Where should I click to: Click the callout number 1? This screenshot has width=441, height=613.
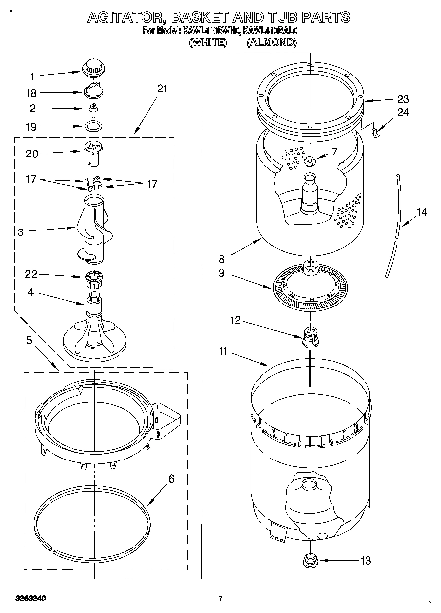[32, 77]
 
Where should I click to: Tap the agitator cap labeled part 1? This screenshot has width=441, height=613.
[92, 67]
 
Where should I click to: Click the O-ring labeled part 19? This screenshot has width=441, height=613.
[92, 126]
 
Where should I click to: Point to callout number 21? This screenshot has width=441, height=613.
[162, 89]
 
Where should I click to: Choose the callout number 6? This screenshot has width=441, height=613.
[171, 479]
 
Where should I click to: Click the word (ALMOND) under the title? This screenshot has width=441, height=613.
[272, 43]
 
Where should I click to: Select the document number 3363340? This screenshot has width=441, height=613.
[31, 599]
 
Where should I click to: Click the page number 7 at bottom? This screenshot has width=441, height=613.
[220, 599]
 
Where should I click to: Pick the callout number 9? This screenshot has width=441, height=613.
[221, 272]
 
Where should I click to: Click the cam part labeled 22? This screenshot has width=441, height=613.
[92, 277]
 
